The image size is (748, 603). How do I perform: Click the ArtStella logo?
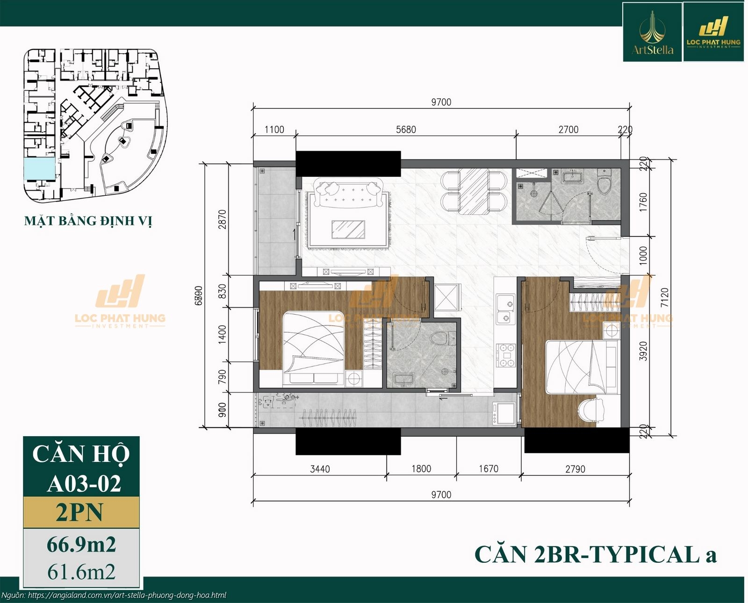coord(652,32)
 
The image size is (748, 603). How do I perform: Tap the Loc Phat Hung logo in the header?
coord(713,32)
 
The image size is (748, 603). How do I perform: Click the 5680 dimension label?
coord(405,129)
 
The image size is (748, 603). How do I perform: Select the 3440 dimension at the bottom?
coord(320,469)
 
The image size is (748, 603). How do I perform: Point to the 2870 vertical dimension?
coord(222,219)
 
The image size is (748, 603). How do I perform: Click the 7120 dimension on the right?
coord(665,297)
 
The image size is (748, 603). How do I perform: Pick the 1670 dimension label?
coord(488,469)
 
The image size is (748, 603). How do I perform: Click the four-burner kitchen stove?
coord(505,355)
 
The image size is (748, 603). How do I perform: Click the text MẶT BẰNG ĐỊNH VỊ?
coord(88,221)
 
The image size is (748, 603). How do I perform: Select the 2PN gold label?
coord(81,512)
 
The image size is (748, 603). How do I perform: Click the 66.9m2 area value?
coord(81,545)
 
